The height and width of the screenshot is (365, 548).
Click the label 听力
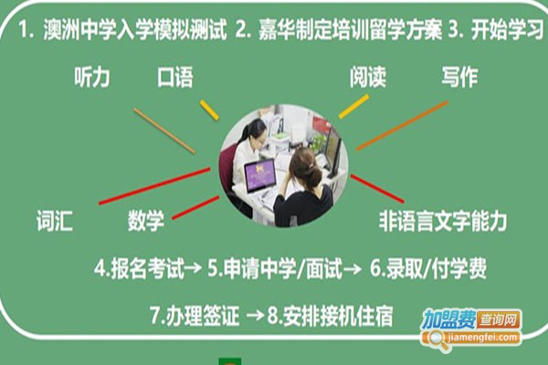(92, 78)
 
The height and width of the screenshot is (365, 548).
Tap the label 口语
(174, 78)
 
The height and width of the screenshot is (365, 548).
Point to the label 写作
(458, 78)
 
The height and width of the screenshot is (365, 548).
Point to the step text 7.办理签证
(194, 318)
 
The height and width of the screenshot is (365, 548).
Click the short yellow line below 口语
(209, 109)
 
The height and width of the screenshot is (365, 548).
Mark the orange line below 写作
(402, 126)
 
